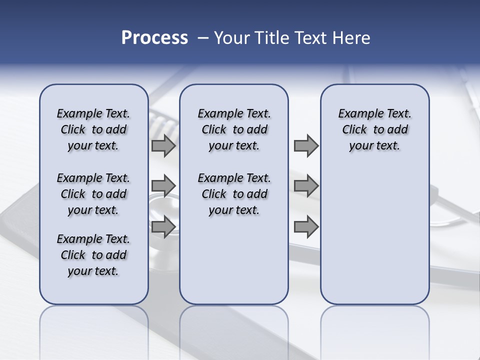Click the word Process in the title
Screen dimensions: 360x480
154,38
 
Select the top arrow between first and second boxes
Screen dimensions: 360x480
163,146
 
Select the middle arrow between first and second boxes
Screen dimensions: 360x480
163,186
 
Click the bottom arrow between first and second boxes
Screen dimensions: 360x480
163,226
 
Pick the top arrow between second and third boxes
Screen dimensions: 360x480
306,146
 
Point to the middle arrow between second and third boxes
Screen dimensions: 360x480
306,186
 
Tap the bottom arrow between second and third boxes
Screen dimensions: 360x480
306,226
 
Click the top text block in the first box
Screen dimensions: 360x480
93,130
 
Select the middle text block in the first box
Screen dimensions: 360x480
93,194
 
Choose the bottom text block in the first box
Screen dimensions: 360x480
93,255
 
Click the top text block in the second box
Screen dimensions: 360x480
234,130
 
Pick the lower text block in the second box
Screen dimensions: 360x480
234,194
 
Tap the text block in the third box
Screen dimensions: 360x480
374,130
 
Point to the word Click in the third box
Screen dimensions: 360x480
354,130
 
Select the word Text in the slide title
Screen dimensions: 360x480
309,38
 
